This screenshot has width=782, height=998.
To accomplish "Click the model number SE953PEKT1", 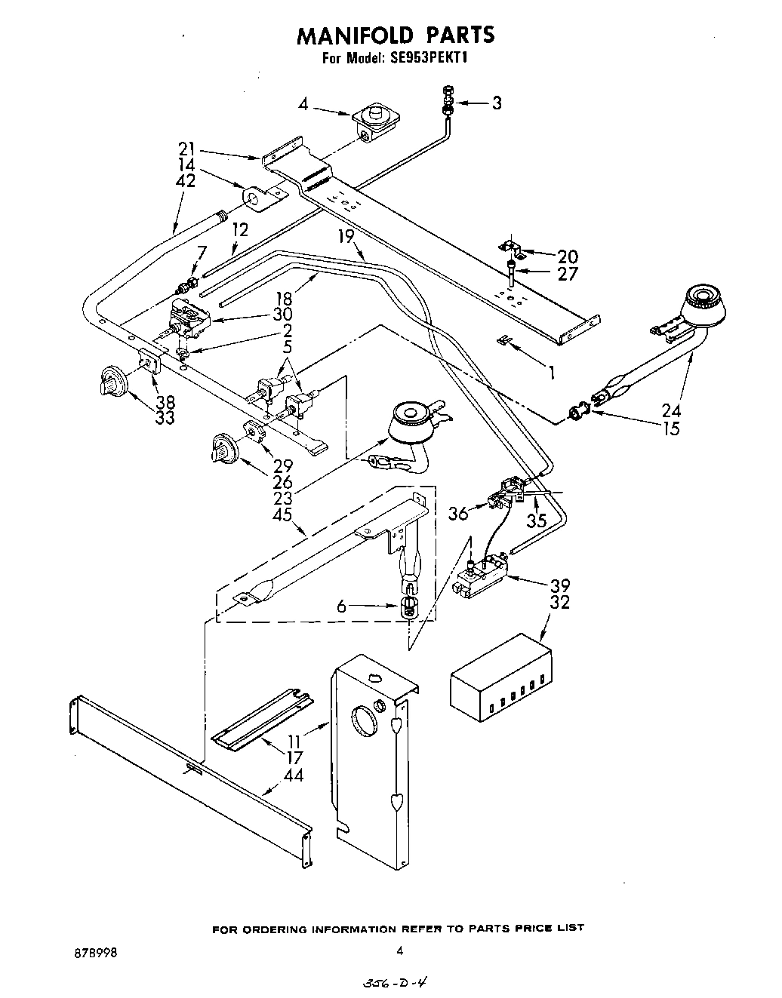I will (428, 57).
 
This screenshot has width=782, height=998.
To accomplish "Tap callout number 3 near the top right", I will (496, 103).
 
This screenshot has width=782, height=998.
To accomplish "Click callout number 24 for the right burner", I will (670, 411).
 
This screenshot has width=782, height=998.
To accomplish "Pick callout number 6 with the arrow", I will (341, 605).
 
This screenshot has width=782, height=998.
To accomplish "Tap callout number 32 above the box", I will (560, 603).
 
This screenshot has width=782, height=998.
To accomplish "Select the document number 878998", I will (91, 951).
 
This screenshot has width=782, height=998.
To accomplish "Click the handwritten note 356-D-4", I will (395, 984).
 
